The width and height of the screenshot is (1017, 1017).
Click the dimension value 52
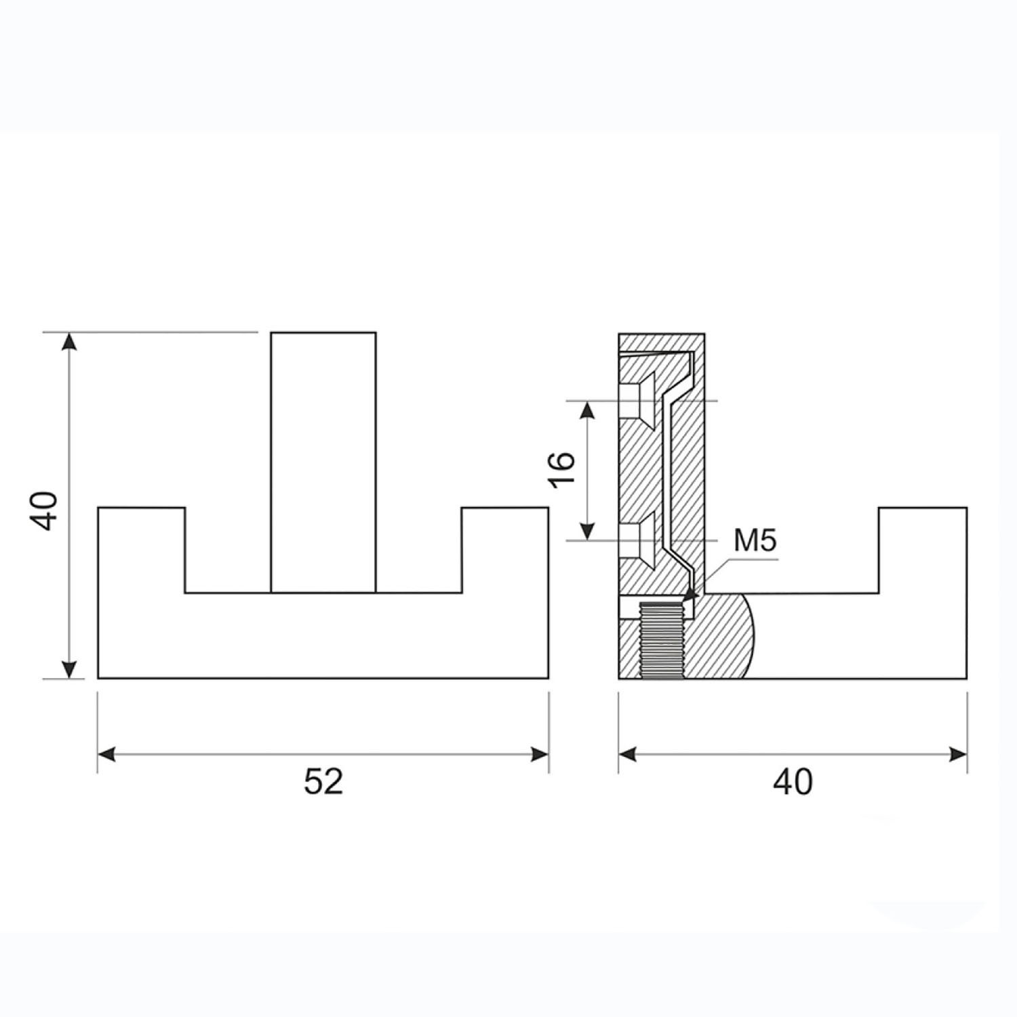point(323,782)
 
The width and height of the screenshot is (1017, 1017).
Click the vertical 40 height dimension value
point(46,511)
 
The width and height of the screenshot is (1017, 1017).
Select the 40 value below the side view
point(793,782)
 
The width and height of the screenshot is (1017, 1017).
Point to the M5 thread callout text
point(755,541)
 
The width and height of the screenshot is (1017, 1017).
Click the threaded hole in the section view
point(662,641)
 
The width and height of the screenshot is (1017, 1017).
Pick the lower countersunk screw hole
point(637,540)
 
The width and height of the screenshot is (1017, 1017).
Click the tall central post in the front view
point(323,462)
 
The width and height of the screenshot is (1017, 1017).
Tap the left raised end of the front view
point(142,550)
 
